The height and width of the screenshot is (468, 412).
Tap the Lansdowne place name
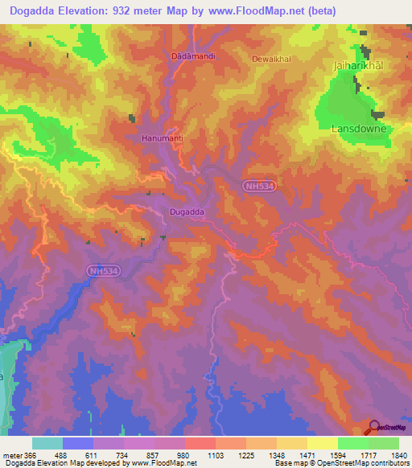(x=360, y=129)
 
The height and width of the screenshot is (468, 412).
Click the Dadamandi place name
(x=191, y=57)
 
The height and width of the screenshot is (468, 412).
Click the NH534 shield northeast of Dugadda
(x=259, y=186)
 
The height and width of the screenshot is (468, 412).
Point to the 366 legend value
(x=31, y=455)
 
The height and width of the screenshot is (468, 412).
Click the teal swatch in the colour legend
(x=47, y=443)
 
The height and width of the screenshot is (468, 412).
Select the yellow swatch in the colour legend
(x=323, y=443)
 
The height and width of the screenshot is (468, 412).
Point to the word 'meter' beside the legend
(x=12, y=455)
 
